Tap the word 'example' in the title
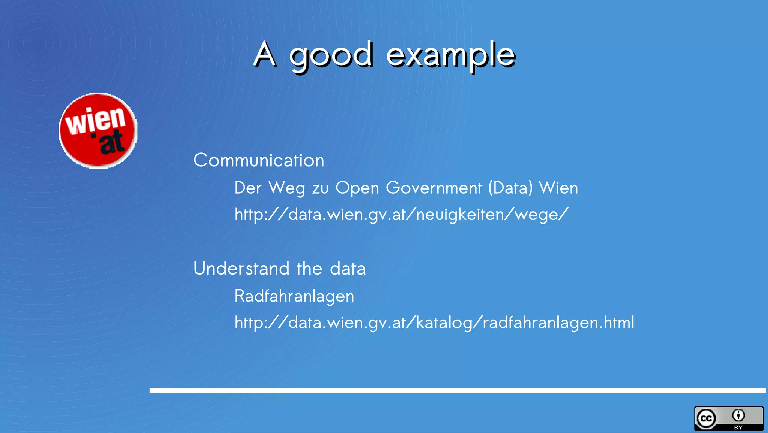[451, 55]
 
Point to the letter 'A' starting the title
[265, 54]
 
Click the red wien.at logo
[98, 130]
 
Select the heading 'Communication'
[259, 160]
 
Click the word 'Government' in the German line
[434, 188]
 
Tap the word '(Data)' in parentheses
[510, 188]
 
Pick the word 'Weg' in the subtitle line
[287, 188]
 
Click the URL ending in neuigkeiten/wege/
[401, 215]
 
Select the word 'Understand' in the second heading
[241, 269]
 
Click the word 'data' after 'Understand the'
[348, 269]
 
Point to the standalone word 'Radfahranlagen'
[294, 296]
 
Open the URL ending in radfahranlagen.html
[434, 323]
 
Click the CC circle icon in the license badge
[706, 418]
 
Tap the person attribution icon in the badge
[738, 415]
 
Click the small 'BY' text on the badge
[738, 427]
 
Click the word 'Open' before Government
[357, 188]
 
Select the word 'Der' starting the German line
[247, 188]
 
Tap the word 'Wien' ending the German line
[558, 188]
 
